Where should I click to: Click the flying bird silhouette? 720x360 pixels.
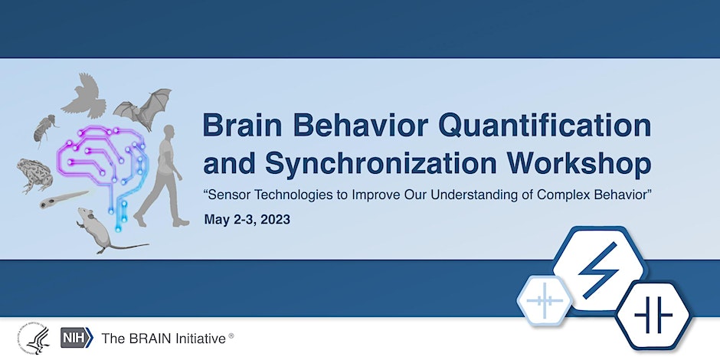tap(85, 96)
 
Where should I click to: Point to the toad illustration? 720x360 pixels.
tap(35, 175)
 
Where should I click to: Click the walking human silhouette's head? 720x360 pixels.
tap(169, 132)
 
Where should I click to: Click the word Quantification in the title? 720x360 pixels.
tap(545, 126)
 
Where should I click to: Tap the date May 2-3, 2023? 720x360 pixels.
tap(247, 220)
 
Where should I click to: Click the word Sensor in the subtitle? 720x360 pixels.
tap(227, 195)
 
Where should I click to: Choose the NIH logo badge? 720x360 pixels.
tap(77, 338)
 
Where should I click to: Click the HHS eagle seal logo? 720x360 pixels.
tap(34, 338)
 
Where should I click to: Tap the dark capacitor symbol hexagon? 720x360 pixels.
tap(653, 316)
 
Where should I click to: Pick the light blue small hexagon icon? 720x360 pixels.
tap(545, 301)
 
